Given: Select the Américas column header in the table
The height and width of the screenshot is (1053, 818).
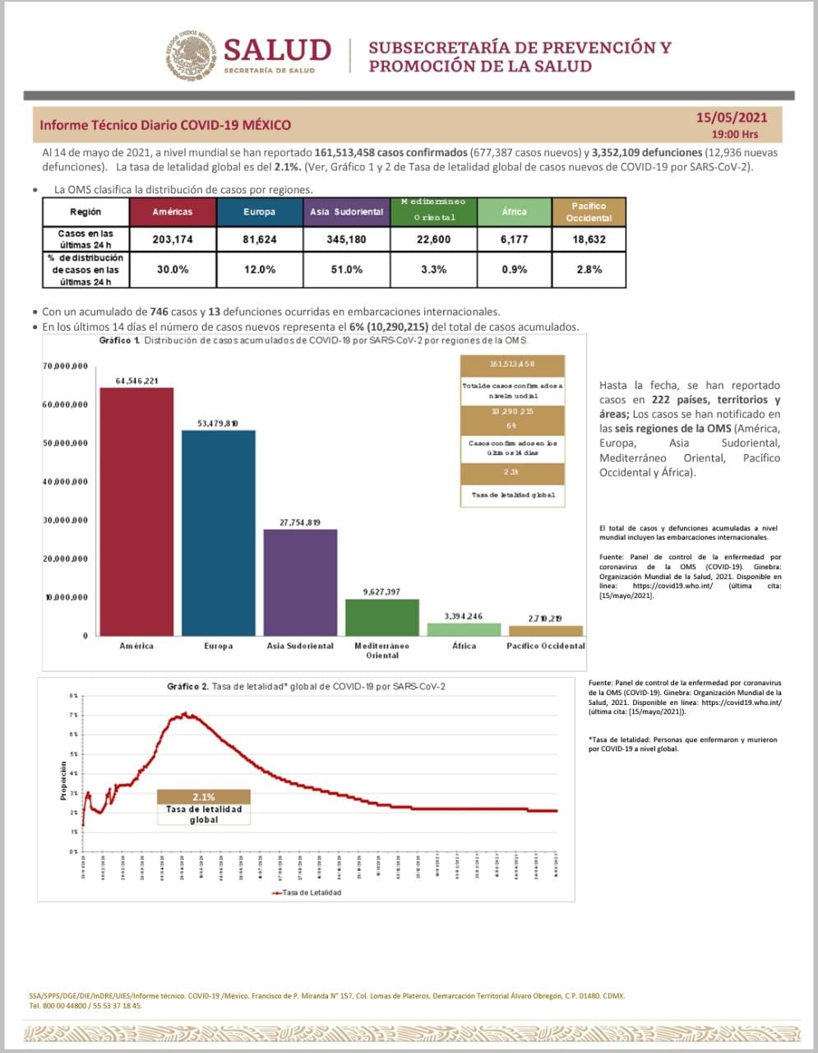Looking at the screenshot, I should coord(173,212).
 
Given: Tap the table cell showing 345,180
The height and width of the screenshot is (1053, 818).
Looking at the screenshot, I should coord(345,239).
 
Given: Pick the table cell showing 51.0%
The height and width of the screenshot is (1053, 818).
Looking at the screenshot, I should coord(345,269).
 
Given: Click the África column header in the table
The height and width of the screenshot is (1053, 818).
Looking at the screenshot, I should coord(514,212).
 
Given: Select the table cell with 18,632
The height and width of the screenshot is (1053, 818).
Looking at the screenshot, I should coord(589,239).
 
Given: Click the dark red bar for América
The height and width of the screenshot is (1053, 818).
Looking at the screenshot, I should coord(136,510).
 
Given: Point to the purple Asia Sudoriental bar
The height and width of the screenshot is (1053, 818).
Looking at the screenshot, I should coord(300,582).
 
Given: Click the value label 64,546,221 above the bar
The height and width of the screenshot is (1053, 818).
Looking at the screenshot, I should coord(136,380).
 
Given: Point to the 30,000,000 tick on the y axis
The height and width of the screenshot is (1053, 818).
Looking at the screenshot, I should coord(66,521).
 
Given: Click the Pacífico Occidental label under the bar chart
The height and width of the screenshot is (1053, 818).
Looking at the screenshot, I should coord(545,646).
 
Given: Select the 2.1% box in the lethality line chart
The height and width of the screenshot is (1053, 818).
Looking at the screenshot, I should coord(204,796).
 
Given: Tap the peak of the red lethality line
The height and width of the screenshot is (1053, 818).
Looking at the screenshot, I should coord(185,713).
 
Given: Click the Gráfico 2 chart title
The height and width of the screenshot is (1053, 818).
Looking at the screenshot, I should coord(306,686).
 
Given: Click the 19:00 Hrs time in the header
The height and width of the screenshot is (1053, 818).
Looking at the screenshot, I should coord(735,134).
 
